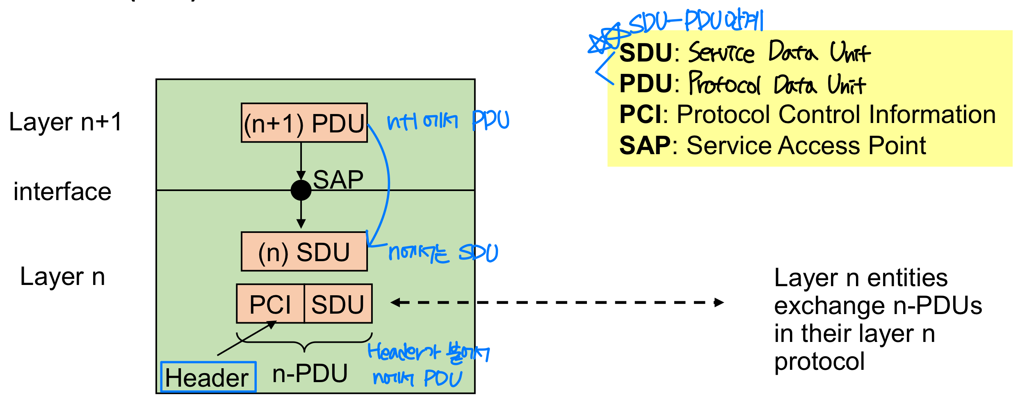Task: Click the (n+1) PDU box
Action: coord(304,123)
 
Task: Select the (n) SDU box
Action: coord(304,252)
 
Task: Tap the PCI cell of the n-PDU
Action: coord(270,304)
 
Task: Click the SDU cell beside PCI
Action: coord(338,304)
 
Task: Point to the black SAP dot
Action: coord(301,190)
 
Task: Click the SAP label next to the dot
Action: coord(338,180)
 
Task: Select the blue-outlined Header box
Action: coord(208,377)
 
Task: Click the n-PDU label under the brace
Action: coord(310,374)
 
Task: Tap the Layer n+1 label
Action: coord(66,122)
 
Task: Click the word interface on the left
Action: coord(62,192)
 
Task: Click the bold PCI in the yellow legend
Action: coord(640,114)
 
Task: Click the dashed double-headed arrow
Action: coord(557,303)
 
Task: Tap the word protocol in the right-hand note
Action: coord(819,362)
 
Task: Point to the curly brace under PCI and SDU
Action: coord(304,342)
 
